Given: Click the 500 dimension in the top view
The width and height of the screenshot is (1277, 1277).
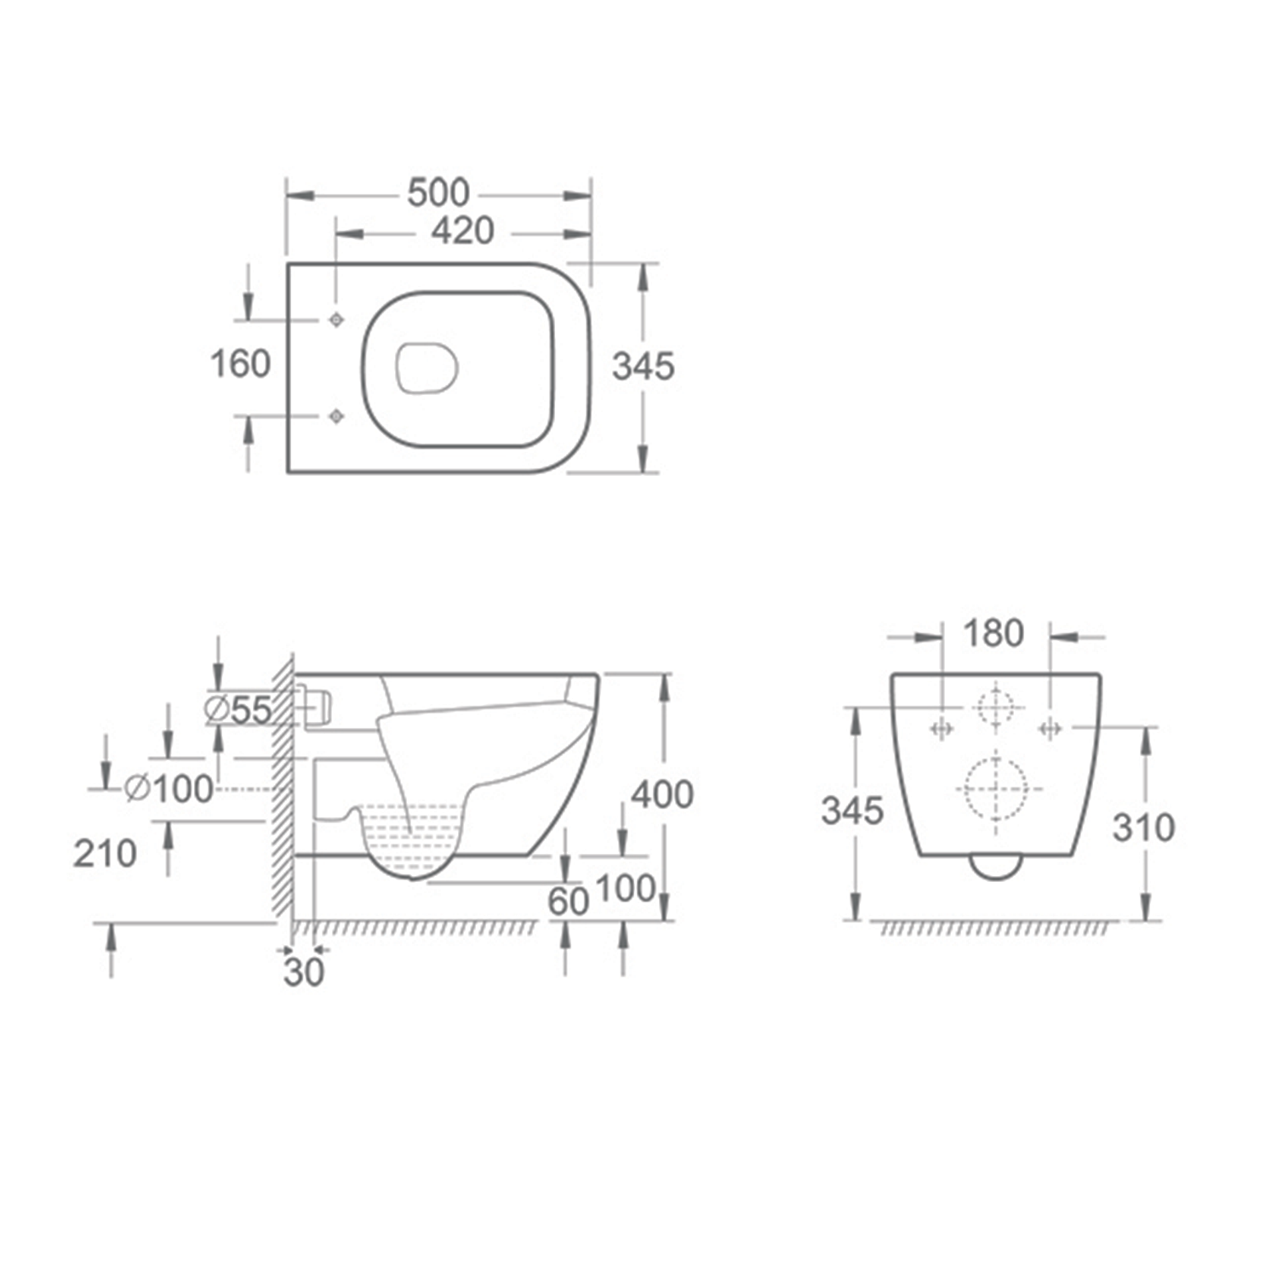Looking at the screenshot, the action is click(x=438, y=193).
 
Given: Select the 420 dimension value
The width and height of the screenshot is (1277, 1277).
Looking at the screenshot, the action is click(x=462, y=231).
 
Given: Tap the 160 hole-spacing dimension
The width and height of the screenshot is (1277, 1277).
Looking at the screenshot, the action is click(x=240, y=364).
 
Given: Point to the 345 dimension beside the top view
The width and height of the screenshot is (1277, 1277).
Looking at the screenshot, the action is click(x=644, y=366).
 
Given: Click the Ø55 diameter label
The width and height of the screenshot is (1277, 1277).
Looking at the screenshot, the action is click(x=239, y=709).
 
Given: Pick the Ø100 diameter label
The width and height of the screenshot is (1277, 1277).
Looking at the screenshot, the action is click(x=169, y=788).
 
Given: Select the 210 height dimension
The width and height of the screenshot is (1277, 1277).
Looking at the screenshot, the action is click(x=105, y=853).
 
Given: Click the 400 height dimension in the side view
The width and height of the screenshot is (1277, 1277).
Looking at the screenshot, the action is click(x=661, y=794).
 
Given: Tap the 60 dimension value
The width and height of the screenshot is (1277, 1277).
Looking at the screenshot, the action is click(x=569, y=902).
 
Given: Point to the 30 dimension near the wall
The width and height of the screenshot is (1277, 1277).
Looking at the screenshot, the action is click(x=304, y=972).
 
